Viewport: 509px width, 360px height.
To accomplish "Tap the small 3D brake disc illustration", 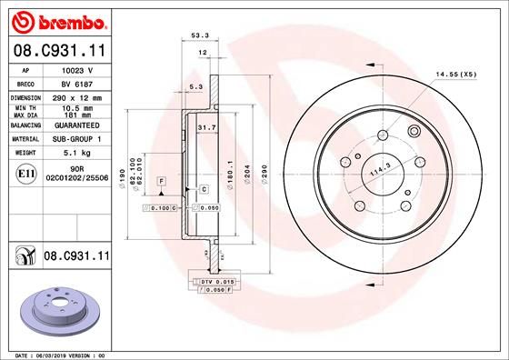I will click(x=56, y=305).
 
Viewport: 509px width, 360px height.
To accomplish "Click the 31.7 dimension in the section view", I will click(x=206, y=128).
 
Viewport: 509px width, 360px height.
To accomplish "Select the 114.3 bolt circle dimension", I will click(x=378, y=168).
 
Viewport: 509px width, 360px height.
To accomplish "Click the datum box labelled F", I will click(x=160, y=182).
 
